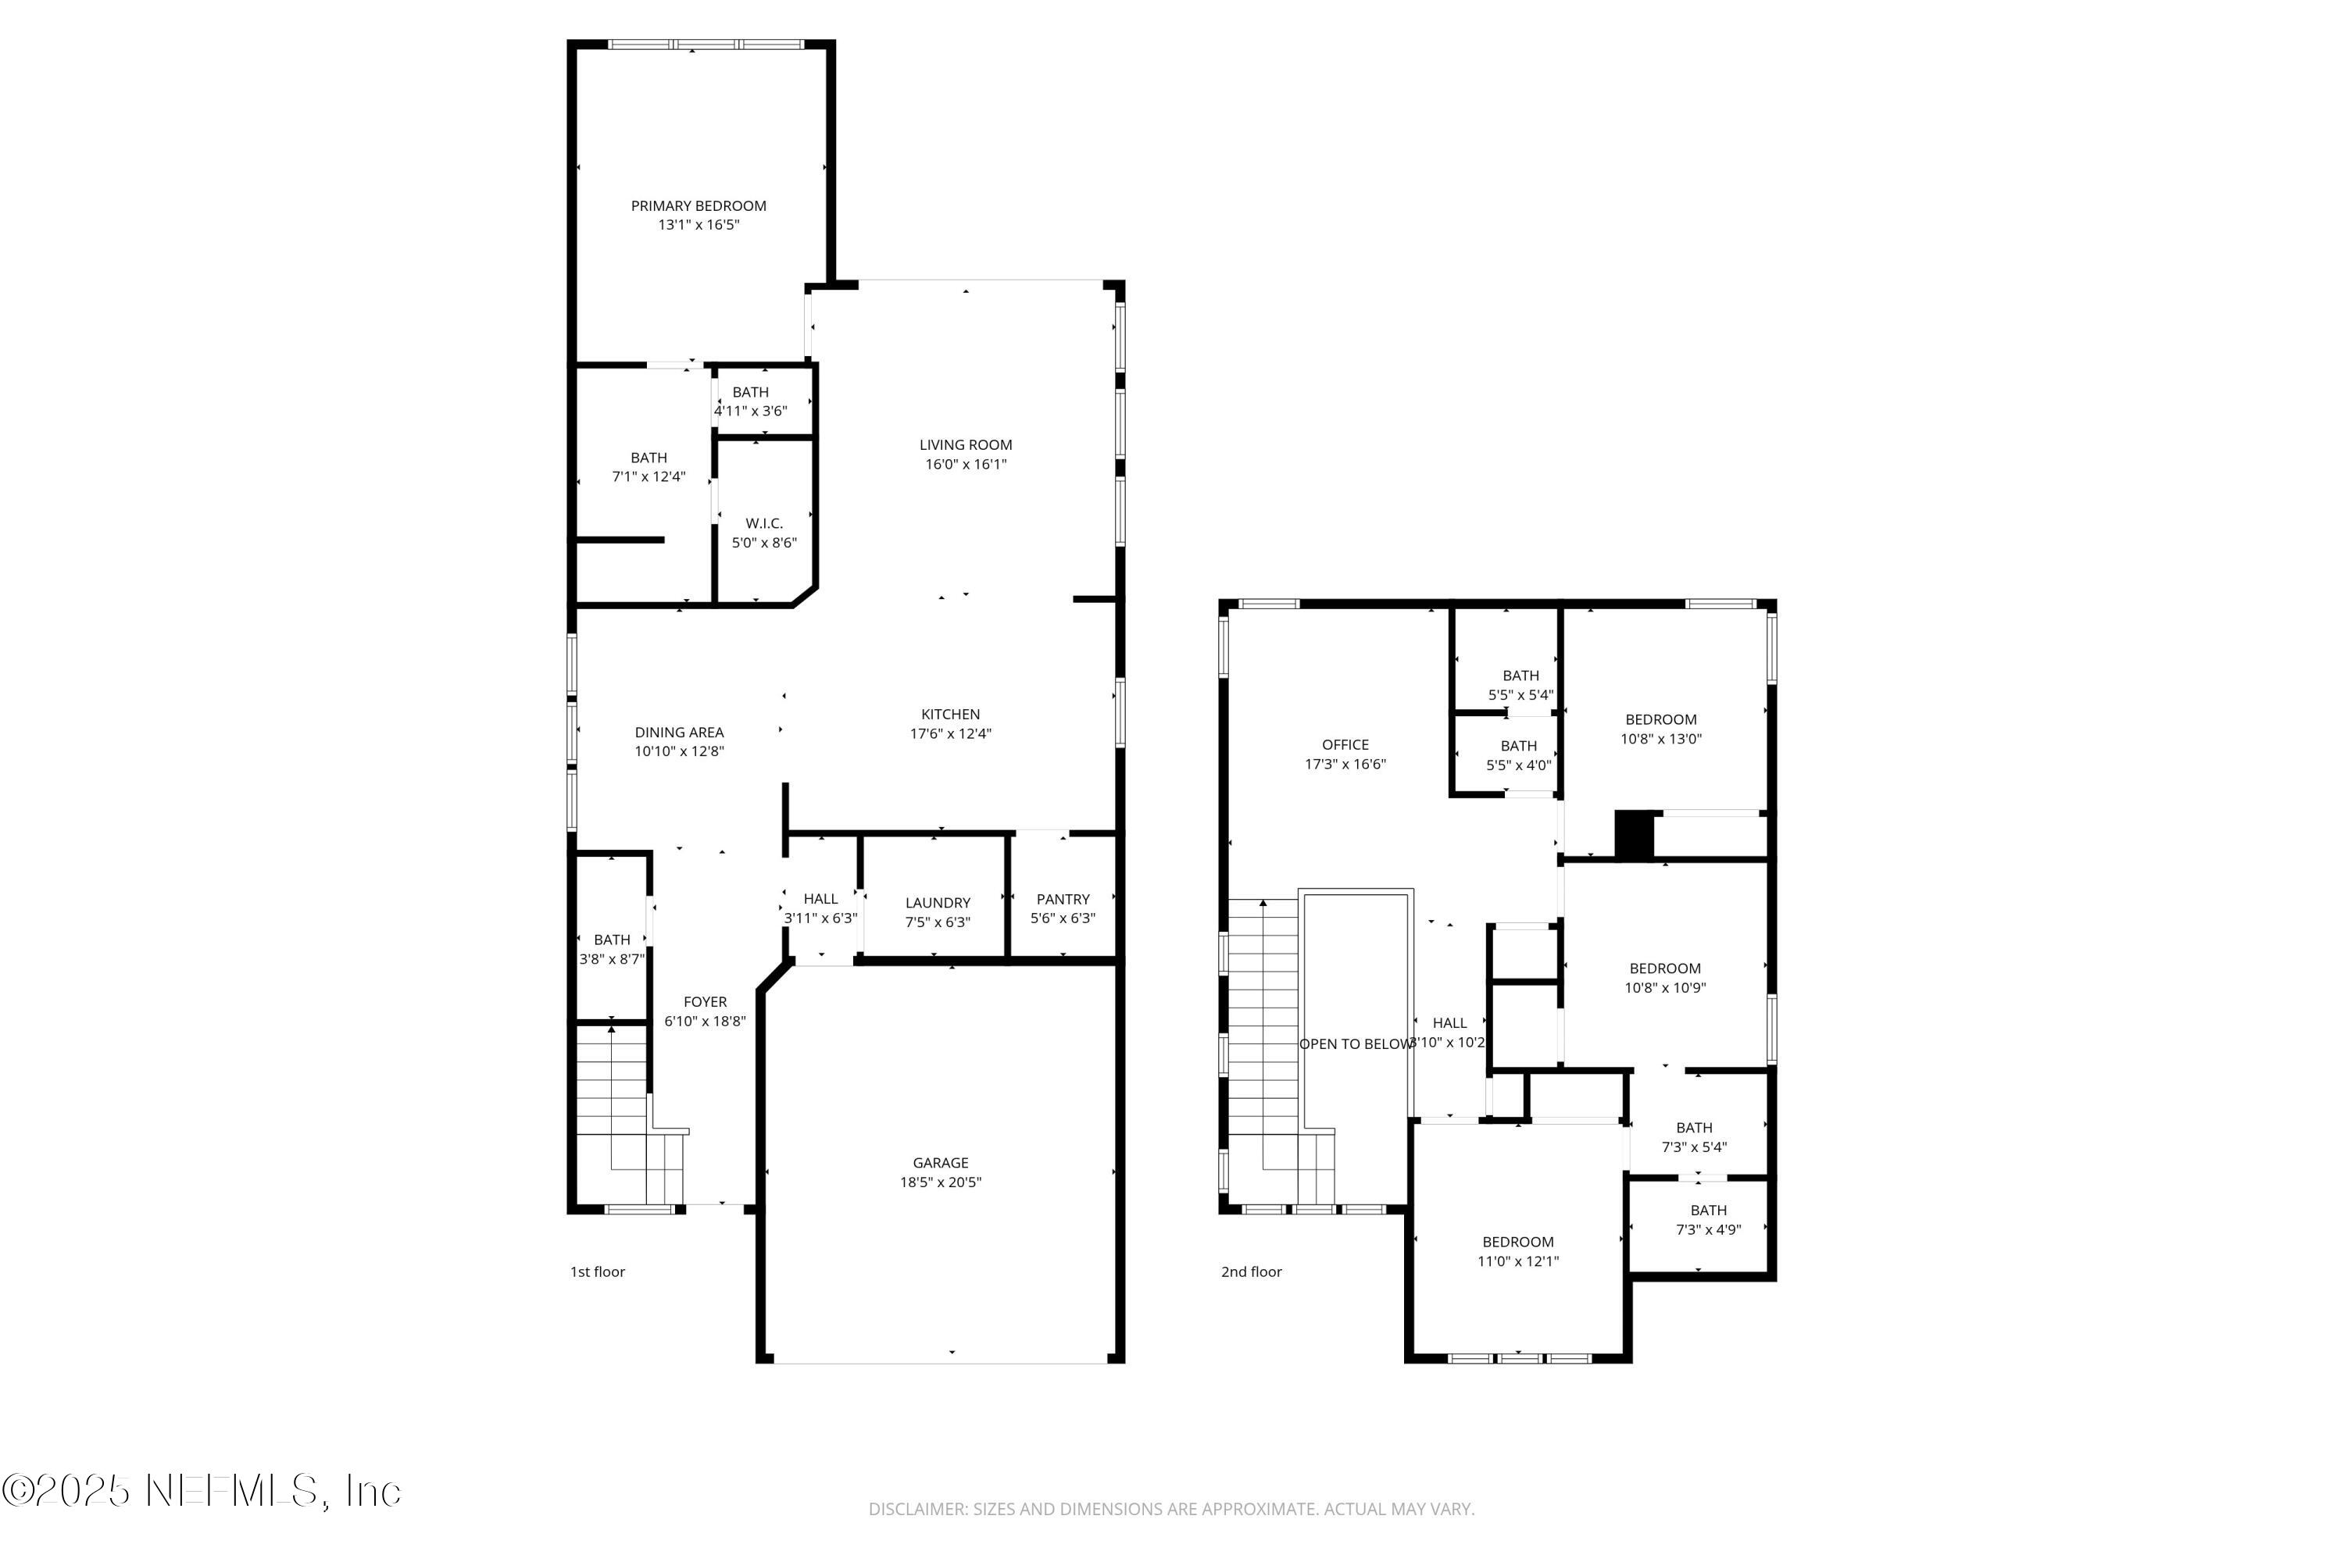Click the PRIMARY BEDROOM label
698,206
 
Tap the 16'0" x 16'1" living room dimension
965,464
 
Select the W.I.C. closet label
763,524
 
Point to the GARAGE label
940,1163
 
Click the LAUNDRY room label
937,904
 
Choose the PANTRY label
1063,900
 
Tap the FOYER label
705,1002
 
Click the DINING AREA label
679,733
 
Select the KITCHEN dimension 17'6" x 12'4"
950,734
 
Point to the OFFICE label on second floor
1345,745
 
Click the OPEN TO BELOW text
1356,1044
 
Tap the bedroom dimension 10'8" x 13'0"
1660,739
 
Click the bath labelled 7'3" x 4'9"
1707,1230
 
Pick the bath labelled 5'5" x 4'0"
1518,766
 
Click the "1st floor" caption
597,1272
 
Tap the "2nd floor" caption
1251,1272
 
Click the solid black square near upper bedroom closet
1634,835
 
